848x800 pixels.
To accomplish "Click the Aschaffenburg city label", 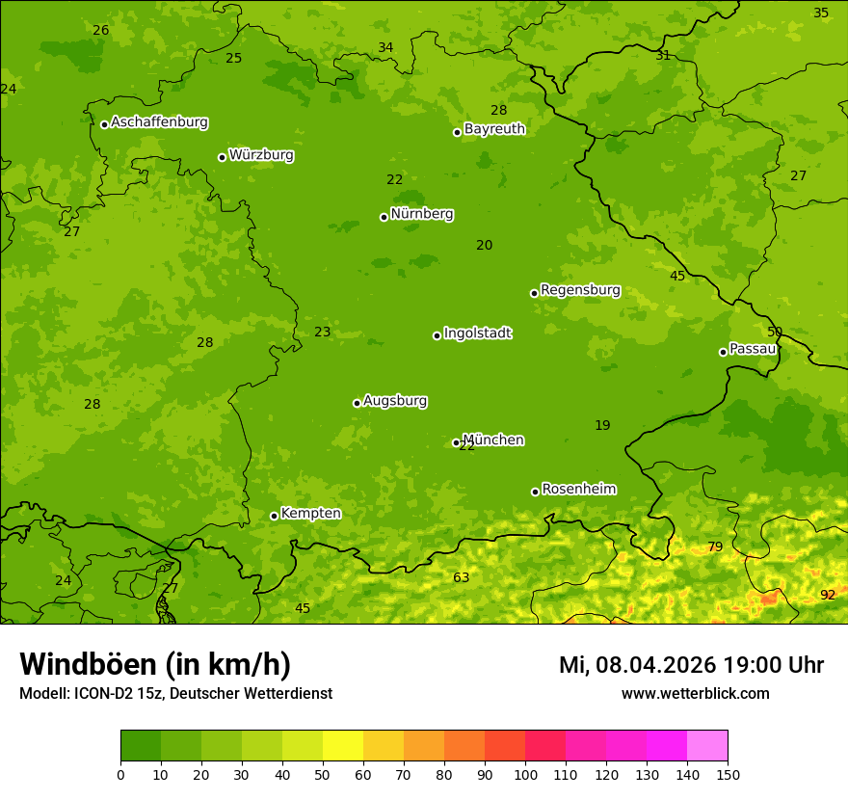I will pos(159,122).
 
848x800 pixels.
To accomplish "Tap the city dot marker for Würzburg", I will pos(222,157).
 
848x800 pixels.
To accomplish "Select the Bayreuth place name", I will pos(494,128).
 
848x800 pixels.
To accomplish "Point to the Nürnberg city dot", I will pos(384,217).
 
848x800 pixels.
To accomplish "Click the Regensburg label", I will pos(580,290).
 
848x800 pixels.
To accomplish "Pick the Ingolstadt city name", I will pos(477,333).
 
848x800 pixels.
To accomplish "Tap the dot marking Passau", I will pos(723,352).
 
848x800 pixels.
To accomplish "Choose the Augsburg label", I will pos(395,401).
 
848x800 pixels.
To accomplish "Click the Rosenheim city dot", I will pos(535,492).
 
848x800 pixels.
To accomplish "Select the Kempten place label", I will pos(310,513).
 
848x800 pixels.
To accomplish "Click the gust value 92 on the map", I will pos(828,595).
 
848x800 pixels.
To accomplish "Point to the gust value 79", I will pos(715,547).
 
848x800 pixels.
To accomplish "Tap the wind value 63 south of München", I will pos(462,577).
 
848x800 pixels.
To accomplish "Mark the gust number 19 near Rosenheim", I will pos(602,425).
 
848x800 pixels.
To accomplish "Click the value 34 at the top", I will pos(385,47).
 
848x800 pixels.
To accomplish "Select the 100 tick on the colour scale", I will pos(525,774).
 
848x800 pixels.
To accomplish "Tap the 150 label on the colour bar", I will pos(728,774).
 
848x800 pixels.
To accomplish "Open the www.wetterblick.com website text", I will pos(695,693).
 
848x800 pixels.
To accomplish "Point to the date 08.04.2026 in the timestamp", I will pos(655,665).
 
